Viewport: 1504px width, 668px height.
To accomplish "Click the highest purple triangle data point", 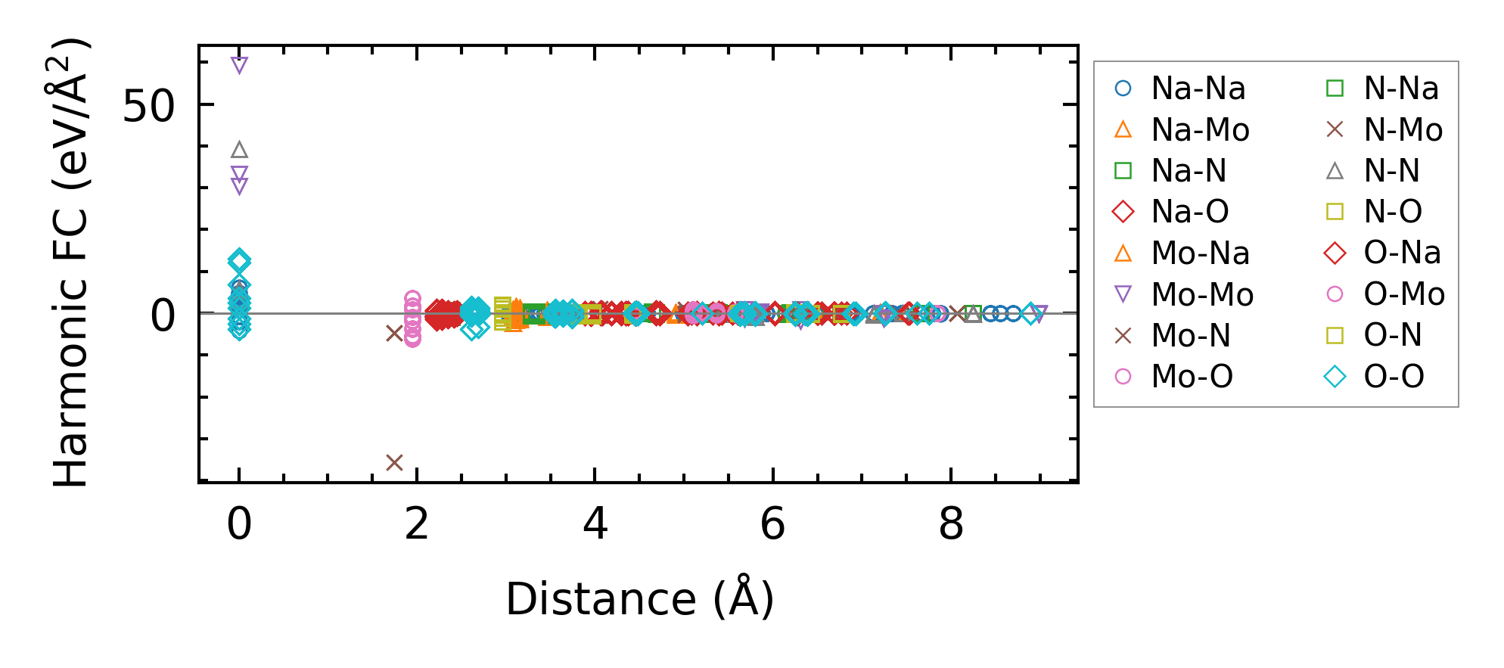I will click(x=239, y=66).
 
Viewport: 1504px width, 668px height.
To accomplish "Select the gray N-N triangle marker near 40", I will click(x=239, y=150).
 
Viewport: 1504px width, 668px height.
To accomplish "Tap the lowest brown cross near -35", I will click(x=394, y=462).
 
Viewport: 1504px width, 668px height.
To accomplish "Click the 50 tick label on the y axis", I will click(x=148, y=106).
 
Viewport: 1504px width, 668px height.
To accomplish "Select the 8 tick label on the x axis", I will click(x=951, y=524).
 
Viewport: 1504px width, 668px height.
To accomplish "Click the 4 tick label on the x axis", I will click(x=595, y=524).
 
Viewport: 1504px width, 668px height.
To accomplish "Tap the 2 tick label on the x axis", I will click(x=417, y=524).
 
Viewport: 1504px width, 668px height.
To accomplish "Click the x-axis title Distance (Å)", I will click(x=639, y=599).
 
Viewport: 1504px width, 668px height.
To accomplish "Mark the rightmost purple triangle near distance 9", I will click(x=1039, y=313).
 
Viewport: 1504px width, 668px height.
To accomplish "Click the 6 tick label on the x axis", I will click(x=772, y=524).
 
